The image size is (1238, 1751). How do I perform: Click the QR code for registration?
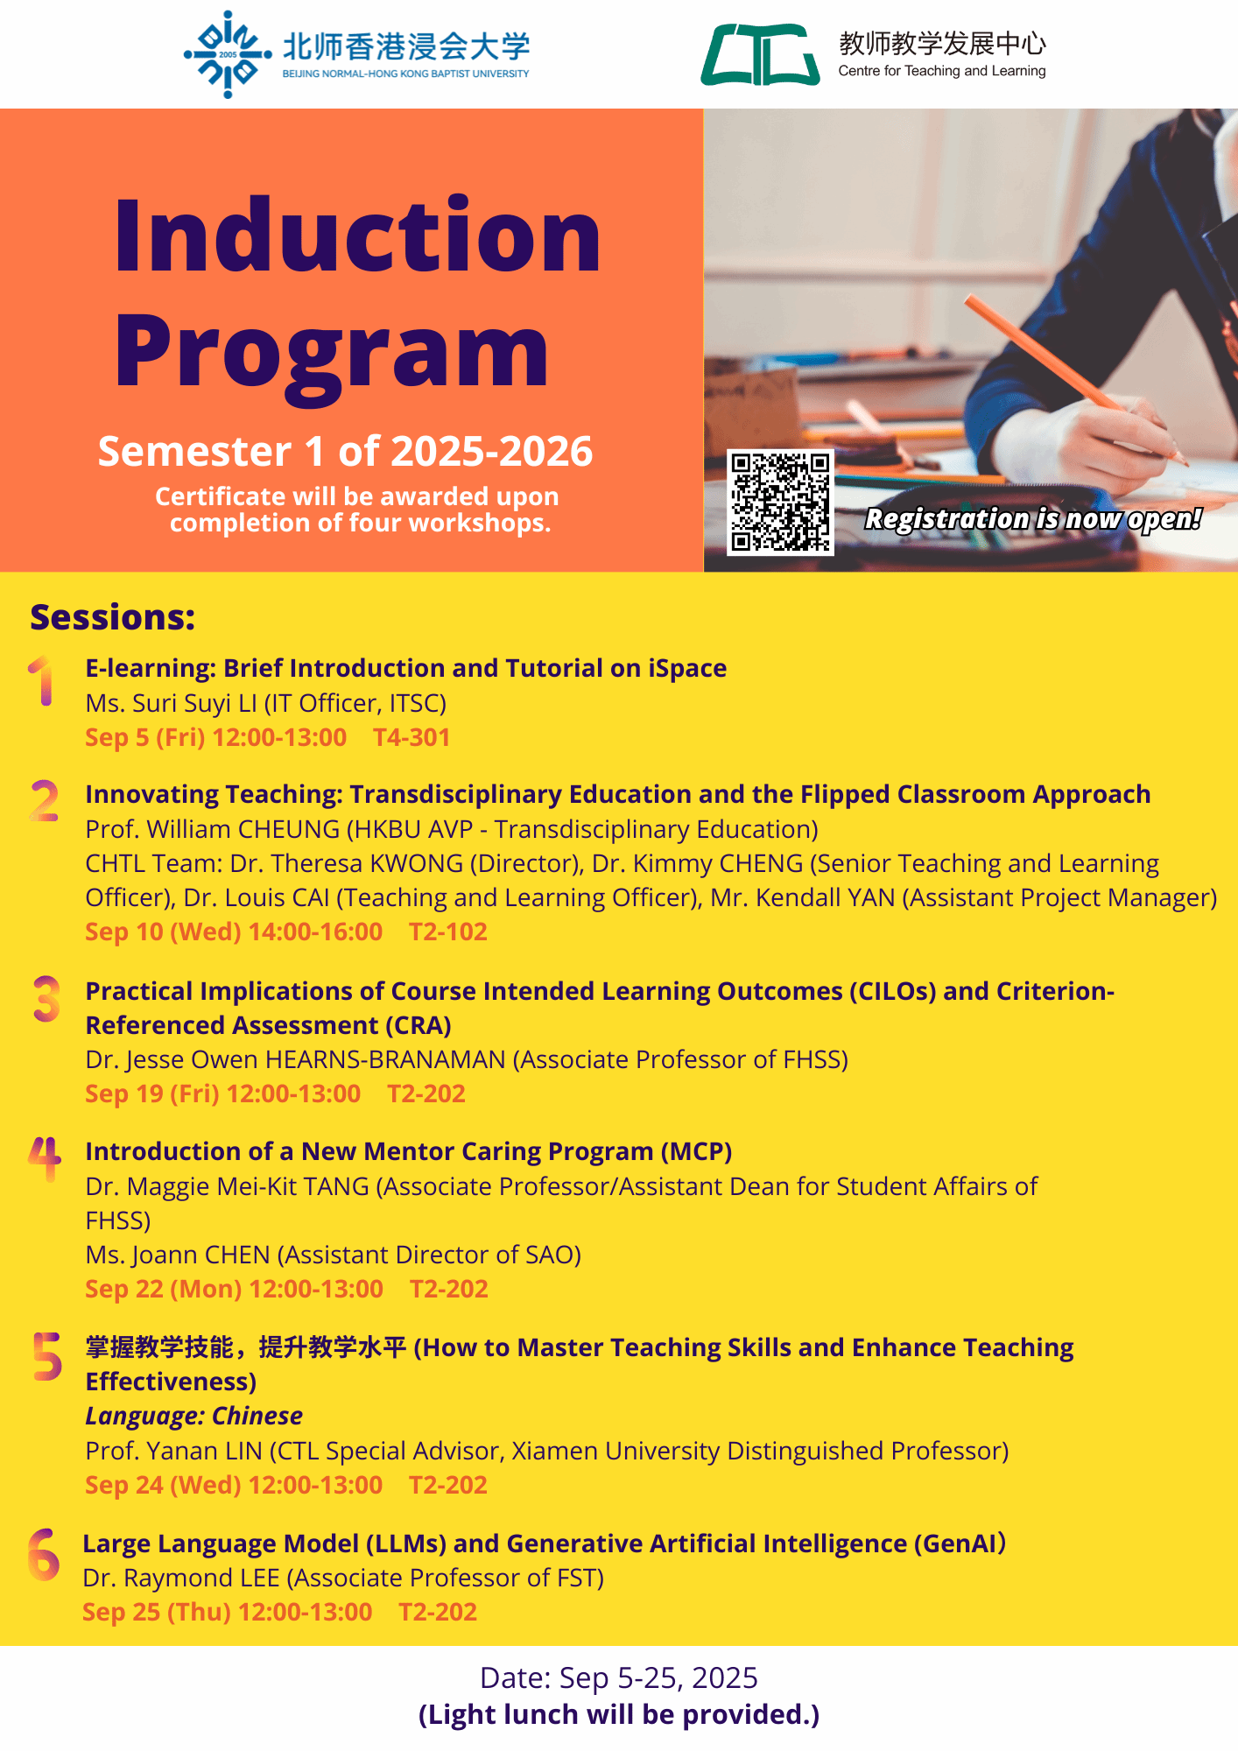780,503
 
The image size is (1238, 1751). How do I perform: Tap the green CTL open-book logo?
760,54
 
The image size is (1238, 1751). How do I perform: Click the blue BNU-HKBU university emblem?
228,54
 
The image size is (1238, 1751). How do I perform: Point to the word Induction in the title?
357,235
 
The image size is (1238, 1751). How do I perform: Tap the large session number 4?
45,1157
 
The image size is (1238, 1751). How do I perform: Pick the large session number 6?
44,1555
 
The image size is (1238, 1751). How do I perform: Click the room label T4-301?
411,738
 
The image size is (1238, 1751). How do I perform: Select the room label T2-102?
448,932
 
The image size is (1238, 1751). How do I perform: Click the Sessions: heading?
113,617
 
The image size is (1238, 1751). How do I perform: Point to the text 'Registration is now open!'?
1033,519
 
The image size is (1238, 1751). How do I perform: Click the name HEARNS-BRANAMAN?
385,1060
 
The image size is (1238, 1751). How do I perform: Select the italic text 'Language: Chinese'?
193,1417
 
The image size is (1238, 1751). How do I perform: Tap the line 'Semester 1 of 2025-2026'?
345,452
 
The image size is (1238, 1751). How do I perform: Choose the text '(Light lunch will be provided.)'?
619,1714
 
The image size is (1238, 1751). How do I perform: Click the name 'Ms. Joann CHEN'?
178,1255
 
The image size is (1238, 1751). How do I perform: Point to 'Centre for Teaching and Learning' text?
942,71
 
